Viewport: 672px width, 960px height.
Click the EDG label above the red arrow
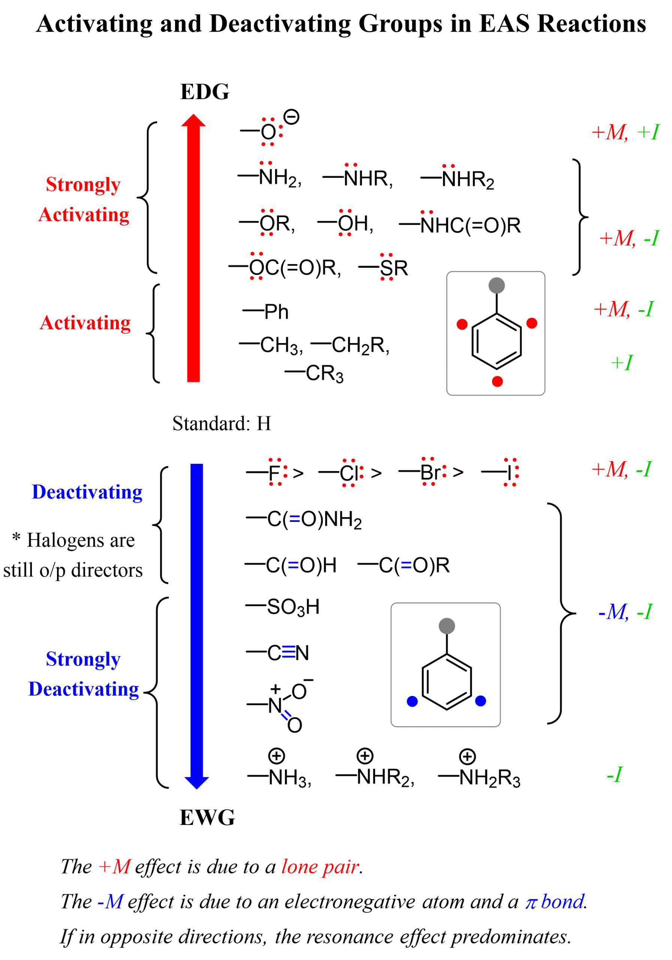pos(204,91)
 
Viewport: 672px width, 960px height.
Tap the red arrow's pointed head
pos(193,121)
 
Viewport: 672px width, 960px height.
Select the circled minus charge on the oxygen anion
pos(291,117)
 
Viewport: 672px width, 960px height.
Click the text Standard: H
pos(222,423)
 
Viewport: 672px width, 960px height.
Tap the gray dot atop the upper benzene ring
pos(497,286)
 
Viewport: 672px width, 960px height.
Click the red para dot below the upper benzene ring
pos(497,381)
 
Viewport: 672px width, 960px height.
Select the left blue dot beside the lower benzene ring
pos(412,702)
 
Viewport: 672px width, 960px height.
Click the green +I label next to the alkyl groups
pos(621,363)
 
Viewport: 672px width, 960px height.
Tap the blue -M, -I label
pos(624,612)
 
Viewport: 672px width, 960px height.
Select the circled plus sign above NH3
pos(276,756)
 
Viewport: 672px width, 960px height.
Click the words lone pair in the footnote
pos(320,867)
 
